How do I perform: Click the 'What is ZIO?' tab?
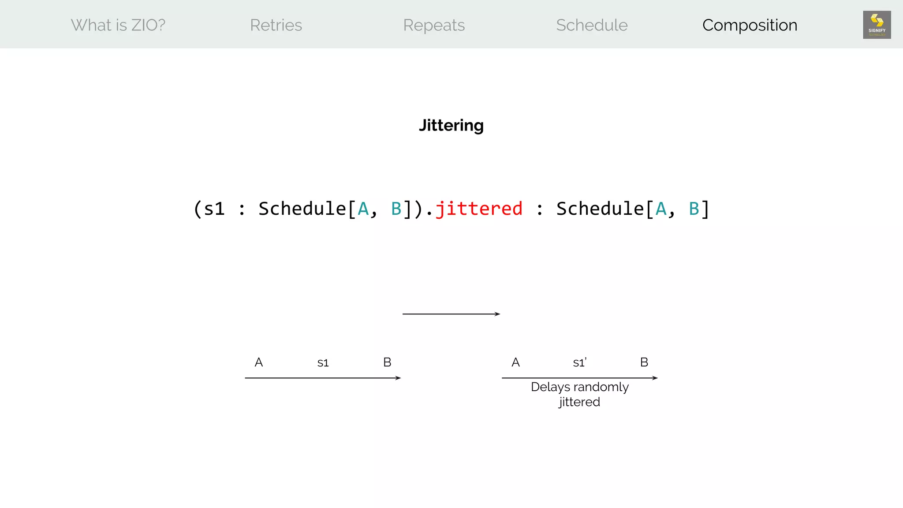(118, 25)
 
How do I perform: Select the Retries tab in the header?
(276, 25)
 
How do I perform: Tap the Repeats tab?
(434, 25)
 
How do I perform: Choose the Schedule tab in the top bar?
(592, 25)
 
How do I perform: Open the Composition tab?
(750, 25)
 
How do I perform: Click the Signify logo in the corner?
(877, 25)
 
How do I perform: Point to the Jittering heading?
(451, 126)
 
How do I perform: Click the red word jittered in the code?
(479, 209)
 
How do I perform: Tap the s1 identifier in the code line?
(214, 209)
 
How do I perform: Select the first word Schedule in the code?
(302, 209)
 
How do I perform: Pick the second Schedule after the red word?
(600, 209)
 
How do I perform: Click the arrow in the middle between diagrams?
(451, 314)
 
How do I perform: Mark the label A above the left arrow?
(259, 362)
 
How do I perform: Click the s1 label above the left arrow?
(323, 363)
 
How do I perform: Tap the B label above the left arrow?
(387, 362)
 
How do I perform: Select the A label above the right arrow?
(515, 362)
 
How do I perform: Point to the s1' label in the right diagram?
(579, 363)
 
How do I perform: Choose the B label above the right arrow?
(644, 362)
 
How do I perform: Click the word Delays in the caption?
(550, 387)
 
